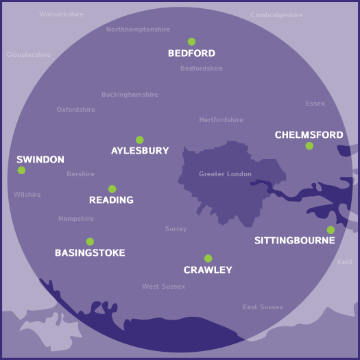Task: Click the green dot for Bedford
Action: [191, 42]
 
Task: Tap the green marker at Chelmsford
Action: [309, 146]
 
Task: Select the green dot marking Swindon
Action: [21, 170]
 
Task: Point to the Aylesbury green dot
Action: [140, 140]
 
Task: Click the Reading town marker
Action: [112, 189]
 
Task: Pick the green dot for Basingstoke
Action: [90, 241]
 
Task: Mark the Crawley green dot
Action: [208, 259]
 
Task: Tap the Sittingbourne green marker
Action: [331, 230]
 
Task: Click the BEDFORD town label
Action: [191, 53]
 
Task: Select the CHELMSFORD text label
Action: [309, 135]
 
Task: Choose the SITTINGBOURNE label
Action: [294, 241]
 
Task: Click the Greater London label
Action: [225, 174]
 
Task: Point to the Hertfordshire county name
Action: [221, 120]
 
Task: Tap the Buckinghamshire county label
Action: [130, 95]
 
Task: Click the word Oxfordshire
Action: [75, 110]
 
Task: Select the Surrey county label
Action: [176, 229]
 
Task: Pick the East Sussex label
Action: [263, 307]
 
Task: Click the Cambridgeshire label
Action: [276, 15]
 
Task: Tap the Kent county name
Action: [345, 262]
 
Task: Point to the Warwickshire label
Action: [62, 14]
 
